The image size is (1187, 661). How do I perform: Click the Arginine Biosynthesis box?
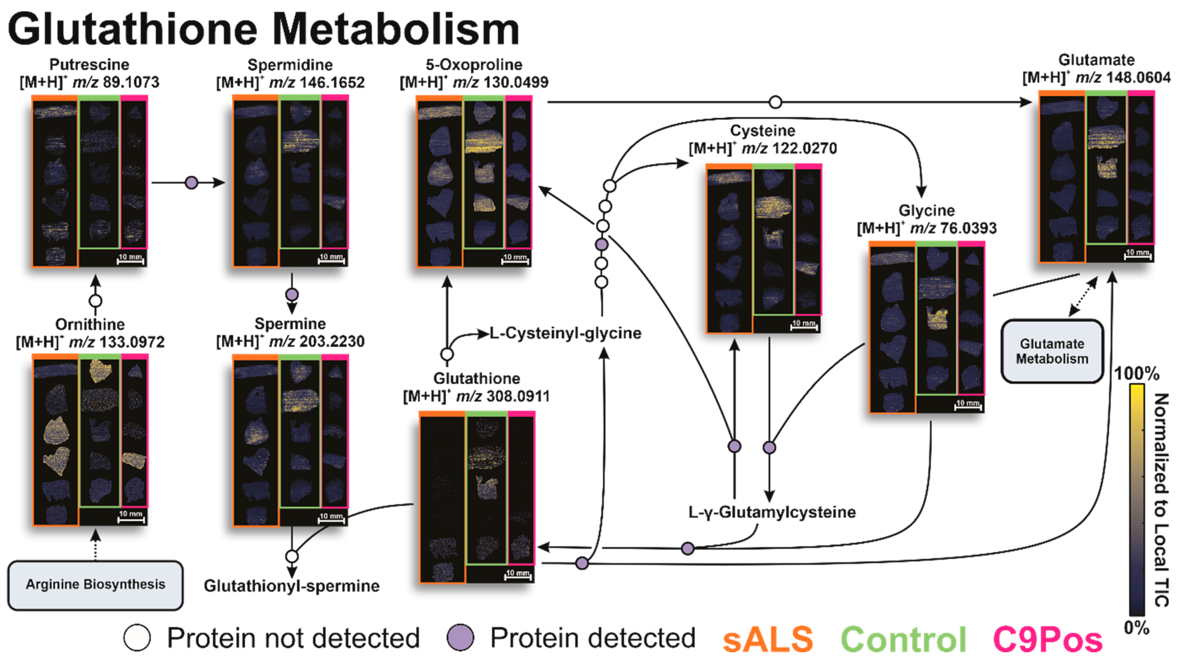click(95, 584)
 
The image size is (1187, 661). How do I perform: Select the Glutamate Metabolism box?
click(1052, 351)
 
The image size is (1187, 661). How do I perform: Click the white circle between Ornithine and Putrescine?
click(95, 301)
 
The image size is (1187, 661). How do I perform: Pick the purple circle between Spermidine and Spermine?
click(292, 294)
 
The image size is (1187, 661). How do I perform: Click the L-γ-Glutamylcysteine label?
click(772, 512)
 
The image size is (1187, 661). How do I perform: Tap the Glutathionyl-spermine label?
click(292, 586)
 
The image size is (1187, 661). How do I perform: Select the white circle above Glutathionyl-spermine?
click(292, 556)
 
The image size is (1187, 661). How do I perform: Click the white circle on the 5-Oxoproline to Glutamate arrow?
click(775, 102)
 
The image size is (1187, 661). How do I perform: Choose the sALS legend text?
click(768, 639)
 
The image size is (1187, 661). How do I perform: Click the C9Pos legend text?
click(1047, 639)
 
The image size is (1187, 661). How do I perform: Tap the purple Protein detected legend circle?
click(460, 637)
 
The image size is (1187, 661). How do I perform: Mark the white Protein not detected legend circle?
click(137, 637)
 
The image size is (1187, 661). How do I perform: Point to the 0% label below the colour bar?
click(1136, 627)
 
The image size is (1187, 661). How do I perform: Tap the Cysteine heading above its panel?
click(763, 130)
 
